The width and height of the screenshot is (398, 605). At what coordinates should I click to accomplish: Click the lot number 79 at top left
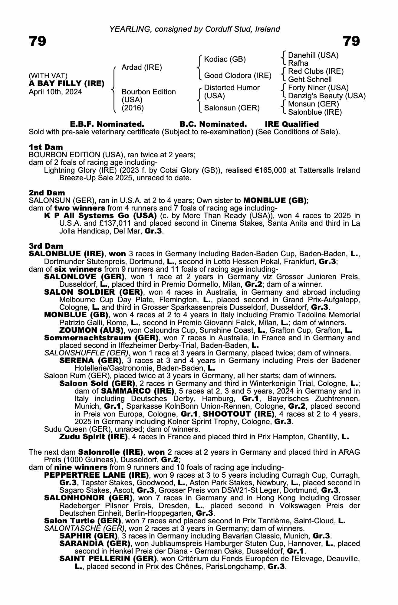coord(38,41)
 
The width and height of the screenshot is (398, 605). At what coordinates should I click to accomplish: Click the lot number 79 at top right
coord(351,41)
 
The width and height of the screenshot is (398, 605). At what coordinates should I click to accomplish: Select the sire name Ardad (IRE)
coord(142,67)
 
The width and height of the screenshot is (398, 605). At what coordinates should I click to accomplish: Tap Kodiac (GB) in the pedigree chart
coord(225,59)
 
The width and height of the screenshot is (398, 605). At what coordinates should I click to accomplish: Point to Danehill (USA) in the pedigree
coord(313,55)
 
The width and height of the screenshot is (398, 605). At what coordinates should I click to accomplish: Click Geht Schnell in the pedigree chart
coord(310,80)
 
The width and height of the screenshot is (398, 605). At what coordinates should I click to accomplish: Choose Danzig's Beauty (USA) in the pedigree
coord(327,96)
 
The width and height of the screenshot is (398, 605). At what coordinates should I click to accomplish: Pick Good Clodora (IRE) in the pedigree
coord(238,75)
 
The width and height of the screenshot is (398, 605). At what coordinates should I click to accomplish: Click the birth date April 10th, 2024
coord(55,92)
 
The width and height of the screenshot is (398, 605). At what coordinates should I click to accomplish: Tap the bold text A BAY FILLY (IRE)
coord(67,83)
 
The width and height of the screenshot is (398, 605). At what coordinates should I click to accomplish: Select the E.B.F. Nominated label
coord(107,124)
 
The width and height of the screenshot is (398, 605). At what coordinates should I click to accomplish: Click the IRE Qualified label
coord(291,124)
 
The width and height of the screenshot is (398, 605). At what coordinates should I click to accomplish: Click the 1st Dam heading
coord(46,147)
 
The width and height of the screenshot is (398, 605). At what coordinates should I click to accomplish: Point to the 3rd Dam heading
coord(46,246)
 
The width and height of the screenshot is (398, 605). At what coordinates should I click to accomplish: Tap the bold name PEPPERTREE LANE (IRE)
coord(96,475)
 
